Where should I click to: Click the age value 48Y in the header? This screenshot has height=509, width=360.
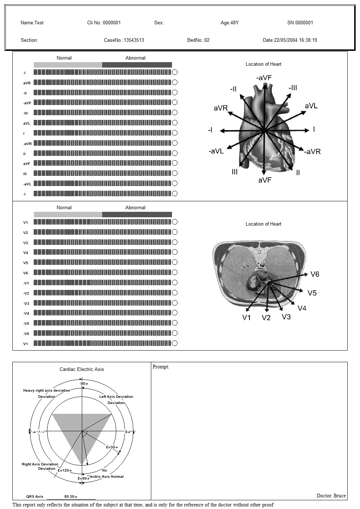(x=235, y=23)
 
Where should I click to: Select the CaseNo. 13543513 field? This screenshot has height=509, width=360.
(x=124, y=40)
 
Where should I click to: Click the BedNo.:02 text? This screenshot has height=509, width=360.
(x=198, y=40)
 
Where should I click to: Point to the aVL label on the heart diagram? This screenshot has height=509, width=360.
(x=311, y=106)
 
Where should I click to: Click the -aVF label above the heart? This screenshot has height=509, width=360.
(x=264, y=78)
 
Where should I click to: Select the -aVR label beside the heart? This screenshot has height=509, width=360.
(x=313, y=152)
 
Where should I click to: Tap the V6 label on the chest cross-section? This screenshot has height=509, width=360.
(x=315, y=274)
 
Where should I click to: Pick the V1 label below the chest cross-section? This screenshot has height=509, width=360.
(x=247, y=318)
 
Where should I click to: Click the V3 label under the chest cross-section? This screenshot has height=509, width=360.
(x=286, y=317)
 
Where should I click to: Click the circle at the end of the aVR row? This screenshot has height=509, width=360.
(x=175, y=82)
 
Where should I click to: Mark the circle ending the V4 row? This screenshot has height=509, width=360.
(x=175, y=252)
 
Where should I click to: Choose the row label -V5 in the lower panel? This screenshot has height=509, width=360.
(x=26, y=323)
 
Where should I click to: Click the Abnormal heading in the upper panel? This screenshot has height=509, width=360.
(x=135, y=58)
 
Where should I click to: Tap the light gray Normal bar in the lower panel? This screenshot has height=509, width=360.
(x=68, y=215)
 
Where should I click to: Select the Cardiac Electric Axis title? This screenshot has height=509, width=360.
(x=82, y=369)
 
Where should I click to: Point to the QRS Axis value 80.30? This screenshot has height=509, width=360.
(x=70, y=497)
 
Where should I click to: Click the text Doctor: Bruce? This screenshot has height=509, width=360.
(x=331, y=496)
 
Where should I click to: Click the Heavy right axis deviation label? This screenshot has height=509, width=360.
(x=47, y=391)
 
